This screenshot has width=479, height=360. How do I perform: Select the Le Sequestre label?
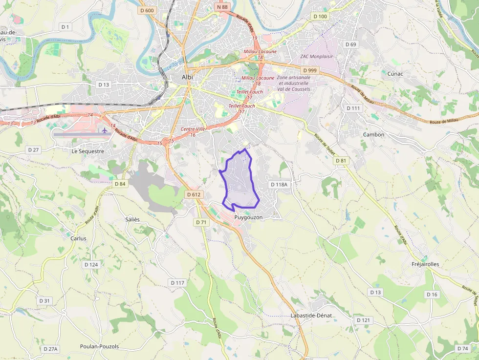pos(88,151)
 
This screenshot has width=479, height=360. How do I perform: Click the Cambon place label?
pos(373,134)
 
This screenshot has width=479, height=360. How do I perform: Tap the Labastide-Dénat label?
pos(311,316)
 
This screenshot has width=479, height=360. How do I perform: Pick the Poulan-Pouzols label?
pos(99,346)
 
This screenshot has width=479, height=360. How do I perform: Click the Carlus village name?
pos(78,238)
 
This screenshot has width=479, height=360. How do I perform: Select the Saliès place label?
pos(132,219)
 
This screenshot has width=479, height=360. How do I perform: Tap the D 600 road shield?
pos(147,10)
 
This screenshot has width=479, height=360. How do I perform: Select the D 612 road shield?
pos(194,194)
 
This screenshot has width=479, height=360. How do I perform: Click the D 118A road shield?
pos(279,185)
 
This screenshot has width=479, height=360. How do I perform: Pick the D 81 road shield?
pos(341,161)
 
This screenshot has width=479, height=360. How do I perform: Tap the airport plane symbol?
pos(104,130)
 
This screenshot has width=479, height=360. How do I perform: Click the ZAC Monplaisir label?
pos(316,56)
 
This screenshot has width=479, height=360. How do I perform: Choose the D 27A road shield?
pos(50,349)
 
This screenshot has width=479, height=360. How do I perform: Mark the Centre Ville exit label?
pos(194,129)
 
